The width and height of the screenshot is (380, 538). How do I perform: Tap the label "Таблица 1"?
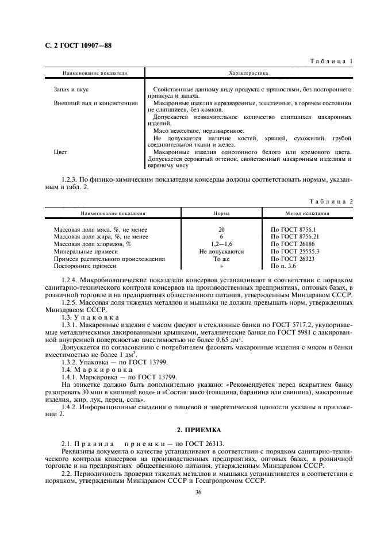pyautogui.click(x=331, y=60)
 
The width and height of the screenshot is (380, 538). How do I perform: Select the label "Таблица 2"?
pyautogui.click(x=331, y=201)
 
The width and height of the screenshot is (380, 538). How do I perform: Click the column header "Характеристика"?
pyautogui.click(x=248, y=74)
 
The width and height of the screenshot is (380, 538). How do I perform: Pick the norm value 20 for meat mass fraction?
pyautogui.click(x=221, y=229)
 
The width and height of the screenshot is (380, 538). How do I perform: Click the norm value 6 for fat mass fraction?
pyautogui.click(x=221, y=236)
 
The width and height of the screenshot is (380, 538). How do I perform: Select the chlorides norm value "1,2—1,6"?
pyautogui.click(x=221, y=244)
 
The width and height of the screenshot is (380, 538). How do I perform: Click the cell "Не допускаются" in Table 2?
pyautogui.click(x=221, y=251)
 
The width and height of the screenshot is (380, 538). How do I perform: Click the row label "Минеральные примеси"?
pyautogui.click(x=86, y=251)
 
